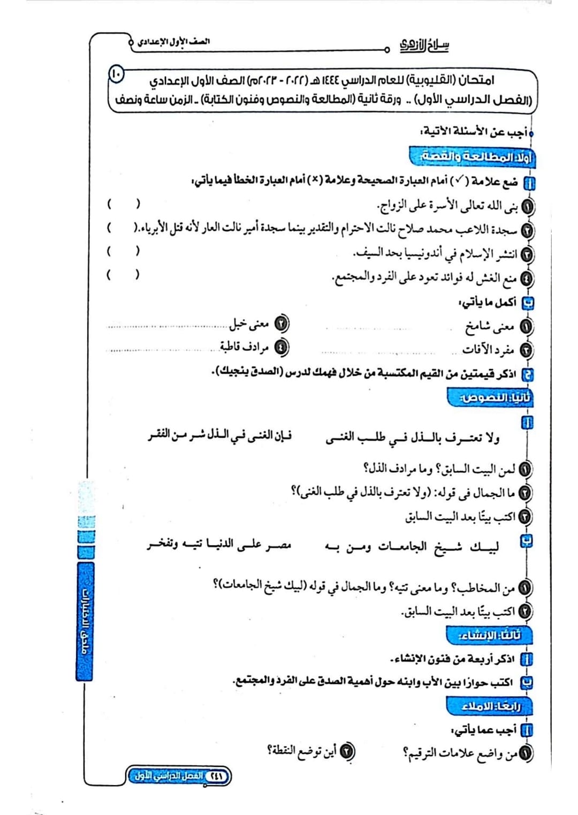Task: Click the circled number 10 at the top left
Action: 116,73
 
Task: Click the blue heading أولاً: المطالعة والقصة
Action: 472,157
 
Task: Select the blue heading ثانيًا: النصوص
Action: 490,398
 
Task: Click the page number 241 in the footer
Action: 217,776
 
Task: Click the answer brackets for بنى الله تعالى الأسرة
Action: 124,204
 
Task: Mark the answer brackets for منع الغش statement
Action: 124,275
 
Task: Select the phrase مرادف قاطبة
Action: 244,347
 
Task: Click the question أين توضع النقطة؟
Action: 302,751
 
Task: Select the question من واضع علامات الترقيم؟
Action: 460,753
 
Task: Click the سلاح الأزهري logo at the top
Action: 424,46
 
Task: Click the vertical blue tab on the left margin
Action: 85,621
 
